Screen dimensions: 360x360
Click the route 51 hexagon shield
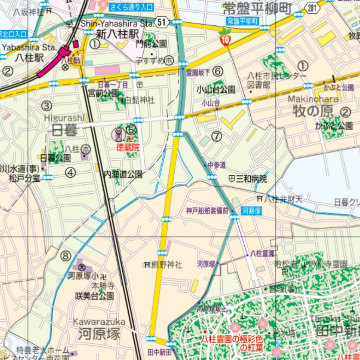coord(161,23)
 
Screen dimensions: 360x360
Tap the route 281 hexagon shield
coord(313,9)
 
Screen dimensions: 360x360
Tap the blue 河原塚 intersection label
coord(251,211)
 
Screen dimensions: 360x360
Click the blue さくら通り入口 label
coord(131,7)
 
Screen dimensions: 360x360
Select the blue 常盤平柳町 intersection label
coord(243,21)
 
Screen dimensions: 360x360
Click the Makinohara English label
coord(313,99)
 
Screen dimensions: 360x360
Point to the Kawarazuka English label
coord(99,322)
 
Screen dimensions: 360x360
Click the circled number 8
coord(65,256)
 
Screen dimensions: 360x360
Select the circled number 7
coord(217,136)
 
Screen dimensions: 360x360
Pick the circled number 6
coord(218,72)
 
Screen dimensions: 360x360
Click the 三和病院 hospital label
coord(251,179)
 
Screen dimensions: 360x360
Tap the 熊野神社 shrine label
coord(167,265)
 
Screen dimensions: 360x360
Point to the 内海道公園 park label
coord(123,174)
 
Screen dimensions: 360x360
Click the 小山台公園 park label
coord(216,90)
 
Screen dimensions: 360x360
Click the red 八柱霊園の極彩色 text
coord(232,339)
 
